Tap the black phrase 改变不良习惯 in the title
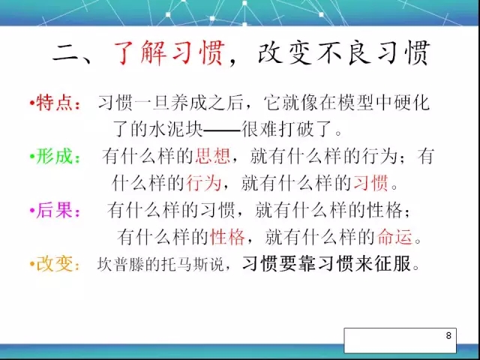344,54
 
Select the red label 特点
55,103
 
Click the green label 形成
55,157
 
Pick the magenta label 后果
55,210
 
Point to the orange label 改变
55,264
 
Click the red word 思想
212,156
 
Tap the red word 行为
203,183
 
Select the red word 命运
394,237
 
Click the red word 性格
228,237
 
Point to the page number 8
448,335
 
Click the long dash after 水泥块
222,130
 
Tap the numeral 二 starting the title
66,55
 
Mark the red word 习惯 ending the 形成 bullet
370,183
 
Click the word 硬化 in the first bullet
412,103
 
